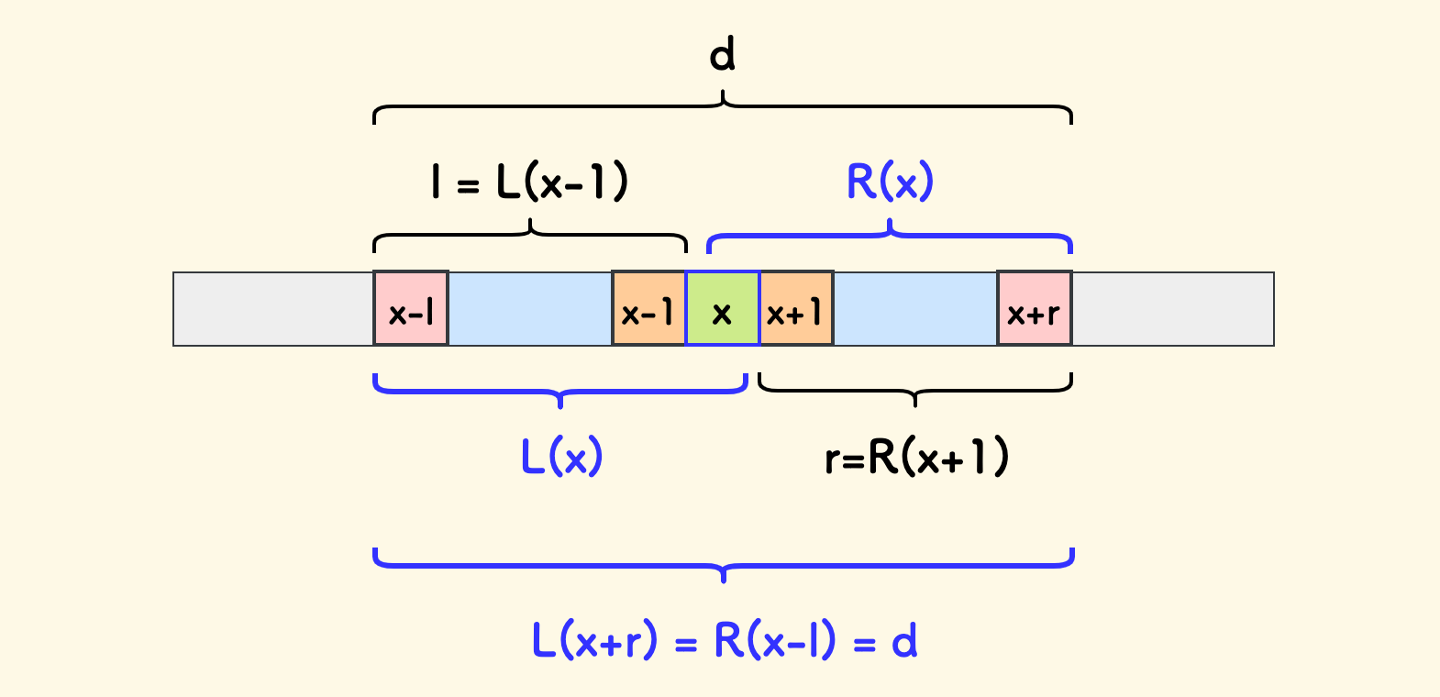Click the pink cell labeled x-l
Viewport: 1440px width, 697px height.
[x=411, y=309]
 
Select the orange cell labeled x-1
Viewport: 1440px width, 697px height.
[x=648, y=309]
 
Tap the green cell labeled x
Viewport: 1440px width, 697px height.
[x=723, y=309]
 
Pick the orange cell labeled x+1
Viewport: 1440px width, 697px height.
[x=796, y=309]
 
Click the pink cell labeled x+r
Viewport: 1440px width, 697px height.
[x=1035, y=309]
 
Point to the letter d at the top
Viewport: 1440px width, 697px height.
[x=723, y=55]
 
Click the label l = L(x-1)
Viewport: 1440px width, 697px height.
[x=530, y=181]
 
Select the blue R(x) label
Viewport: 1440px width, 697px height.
[x=890, y=181]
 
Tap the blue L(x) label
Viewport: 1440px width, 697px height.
[x=561, y=456]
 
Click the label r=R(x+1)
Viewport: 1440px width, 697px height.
[x=916, y=456]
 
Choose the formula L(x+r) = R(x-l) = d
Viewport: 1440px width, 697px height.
[x=725, y=640]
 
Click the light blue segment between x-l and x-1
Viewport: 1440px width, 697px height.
[x=530, y=309]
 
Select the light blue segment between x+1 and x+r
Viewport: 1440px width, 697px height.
[x=915, y=309]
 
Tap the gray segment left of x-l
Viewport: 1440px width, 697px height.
[x=273, y=309]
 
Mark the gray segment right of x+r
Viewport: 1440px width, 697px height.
[x=1172, y=309]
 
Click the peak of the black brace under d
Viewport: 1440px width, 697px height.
[x=724, y=93]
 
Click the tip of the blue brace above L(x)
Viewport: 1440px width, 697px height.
[x=560, y=404]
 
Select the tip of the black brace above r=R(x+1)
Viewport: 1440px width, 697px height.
[x=915, y=404]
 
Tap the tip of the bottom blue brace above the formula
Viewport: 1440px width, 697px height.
[x=724, y=580]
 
